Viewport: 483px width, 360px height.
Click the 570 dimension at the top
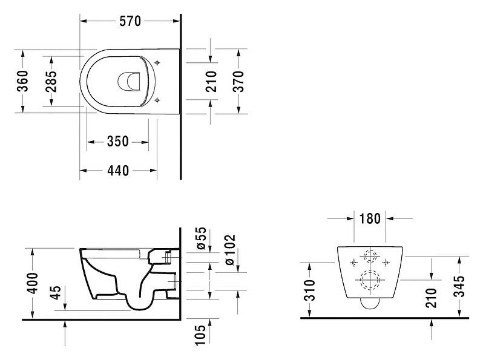(x=130, y=21)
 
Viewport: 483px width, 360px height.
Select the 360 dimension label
(x=22, y=81)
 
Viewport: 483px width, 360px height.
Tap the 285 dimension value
(x=51, y=81)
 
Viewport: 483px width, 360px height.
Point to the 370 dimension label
(x=238, y=81)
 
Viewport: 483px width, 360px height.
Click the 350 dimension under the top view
(x=117, y=142)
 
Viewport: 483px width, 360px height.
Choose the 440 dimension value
(x=118, y=170)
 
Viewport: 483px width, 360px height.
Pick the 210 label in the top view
(x=211, y=81)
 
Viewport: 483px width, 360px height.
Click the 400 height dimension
(x=32, y=283)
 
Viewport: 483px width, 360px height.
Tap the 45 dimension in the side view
(x=56, y=292)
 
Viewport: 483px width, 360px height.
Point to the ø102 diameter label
(x=230, y=250)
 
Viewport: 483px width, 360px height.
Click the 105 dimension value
(x=200, y=335)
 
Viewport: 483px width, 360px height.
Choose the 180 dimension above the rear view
(x=370, y=218)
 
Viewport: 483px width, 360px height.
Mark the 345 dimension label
(x=459, y=286)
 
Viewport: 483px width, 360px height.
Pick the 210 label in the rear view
(x=431, y=298)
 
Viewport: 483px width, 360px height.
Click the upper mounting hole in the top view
(x=157, y=63)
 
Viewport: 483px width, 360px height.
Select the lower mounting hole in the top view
(x=157, y=100)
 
